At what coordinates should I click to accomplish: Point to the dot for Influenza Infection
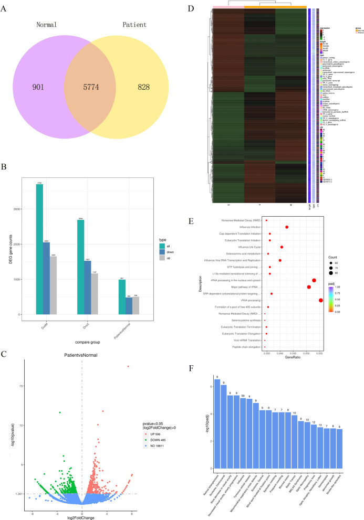point(287,227)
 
